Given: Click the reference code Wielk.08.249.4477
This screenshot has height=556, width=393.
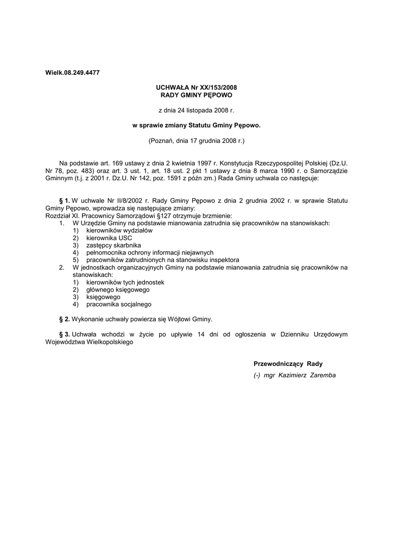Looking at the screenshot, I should tap(72, 72).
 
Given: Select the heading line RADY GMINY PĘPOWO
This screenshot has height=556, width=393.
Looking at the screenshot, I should tap(196, 94).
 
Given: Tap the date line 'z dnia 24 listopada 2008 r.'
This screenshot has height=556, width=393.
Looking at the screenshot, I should tap(196, 110).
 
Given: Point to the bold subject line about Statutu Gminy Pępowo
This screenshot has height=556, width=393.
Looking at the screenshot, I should tap(196, 125).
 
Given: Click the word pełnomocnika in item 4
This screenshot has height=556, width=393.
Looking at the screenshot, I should tap(105, 252).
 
